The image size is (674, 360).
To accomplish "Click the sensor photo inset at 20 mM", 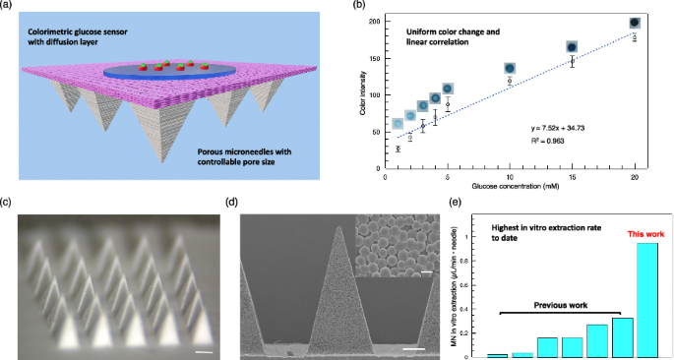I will [x=635, y=22].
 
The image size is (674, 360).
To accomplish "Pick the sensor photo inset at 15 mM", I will [x=572, y=46].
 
